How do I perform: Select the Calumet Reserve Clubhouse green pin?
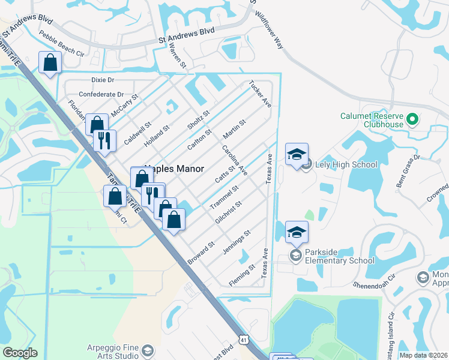click(x=412, y=119)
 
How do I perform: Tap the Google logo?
click(x=20, y=353)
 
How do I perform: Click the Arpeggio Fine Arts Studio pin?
click(x=148, y=350)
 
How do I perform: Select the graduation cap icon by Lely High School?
click(x=297, y=155)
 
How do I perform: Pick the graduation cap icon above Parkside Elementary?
click(x=297, y=232)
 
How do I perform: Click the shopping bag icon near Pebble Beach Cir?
click(x=50, y=62)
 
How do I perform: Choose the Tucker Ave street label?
click(x=260, y=95)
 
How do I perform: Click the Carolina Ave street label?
click(x=234, y=160)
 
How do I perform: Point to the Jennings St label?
click(x=236, y=242)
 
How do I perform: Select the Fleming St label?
click(x=242, y=272)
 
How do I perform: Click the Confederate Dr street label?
click(x=101, y=95)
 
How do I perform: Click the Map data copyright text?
click(x=424, y=355)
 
